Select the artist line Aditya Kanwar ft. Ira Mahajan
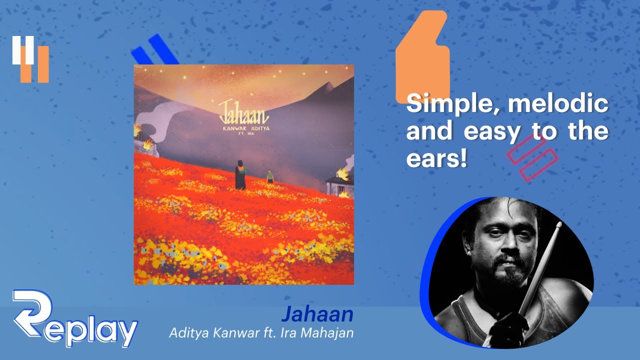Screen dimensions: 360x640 click(261, 333)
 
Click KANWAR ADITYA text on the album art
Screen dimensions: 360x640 click(244, 128)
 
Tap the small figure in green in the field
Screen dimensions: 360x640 click(270, 175)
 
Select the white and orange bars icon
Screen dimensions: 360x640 click(30, 59)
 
